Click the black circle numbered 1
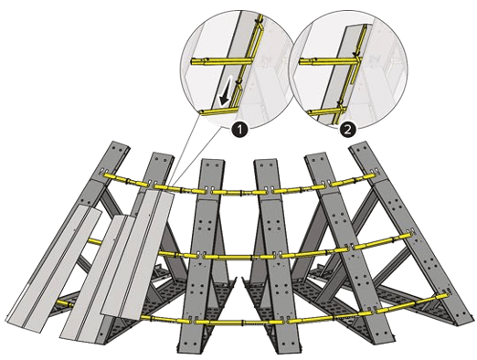[239, 131]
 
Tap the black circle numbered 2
[347, 131]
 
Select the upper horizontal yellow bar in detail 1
[221, 62]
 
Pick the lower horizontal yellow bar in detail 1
[218, 111]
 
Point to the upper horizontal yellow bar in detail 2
[330, 61]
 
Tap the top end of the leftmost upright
[121, 145]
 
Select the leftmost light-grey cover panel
[54, 269]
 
